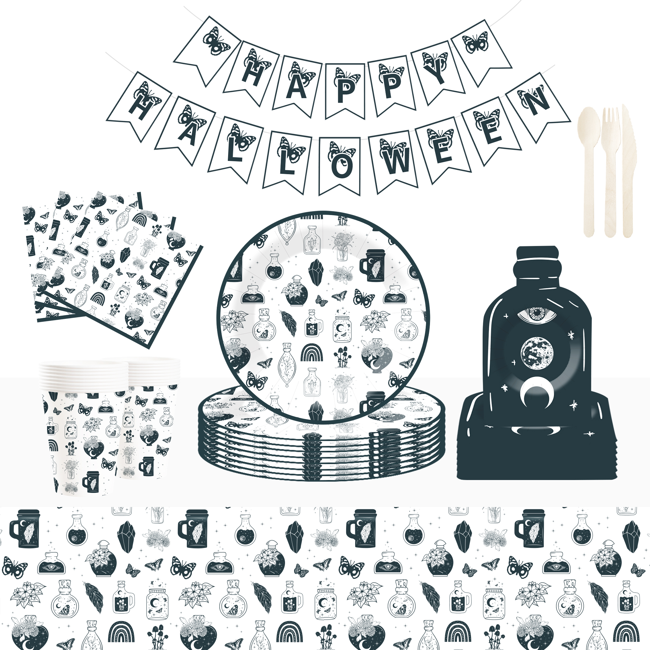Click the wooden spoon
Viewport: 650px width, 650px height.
coord(589,168)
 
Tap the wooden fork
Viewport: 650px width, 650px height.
coord(611,172)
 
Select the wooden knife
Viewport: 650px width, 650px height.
coord(628,172)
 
